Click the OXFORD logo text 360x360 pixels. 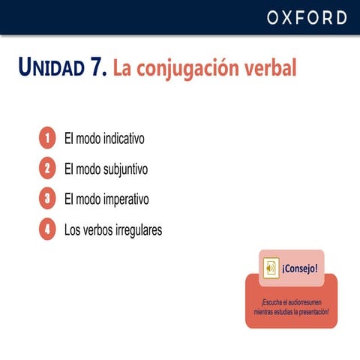coord(307,18)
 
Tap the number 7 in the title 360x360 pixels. coord(96,68)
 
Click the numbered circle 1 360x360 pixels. coord(47,139)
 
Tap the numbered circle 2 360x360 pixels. coord(47,169)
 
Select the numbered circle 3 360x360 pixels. coord(47,199)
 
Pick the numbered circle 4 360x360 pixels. coord(47,229)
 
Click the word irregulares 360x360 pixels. coord(137,229)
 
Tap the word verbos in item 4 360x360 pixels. coord(97,229)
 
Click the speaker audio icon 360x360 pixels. coord(270,268)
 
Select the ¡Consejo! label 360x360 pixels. coord(300,268)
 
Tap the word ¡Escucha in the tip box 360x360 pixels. coord(263,302)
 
